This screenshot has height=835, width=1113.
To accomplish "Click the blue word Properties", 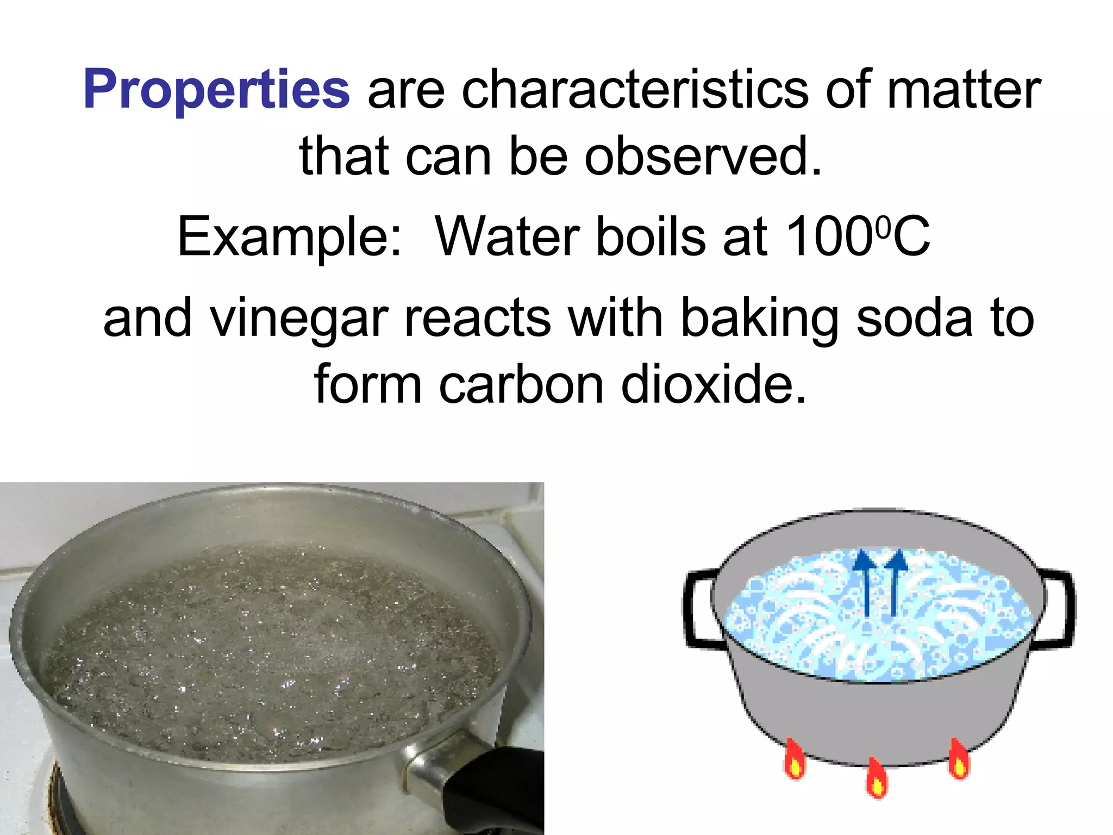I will click(x=216, y=90).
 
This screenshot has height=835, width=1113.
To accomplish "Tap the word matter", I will click(x=964, y=90).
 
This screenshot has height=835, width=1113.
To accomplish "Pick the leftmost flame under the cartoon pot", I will click(x=795, y=759).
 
